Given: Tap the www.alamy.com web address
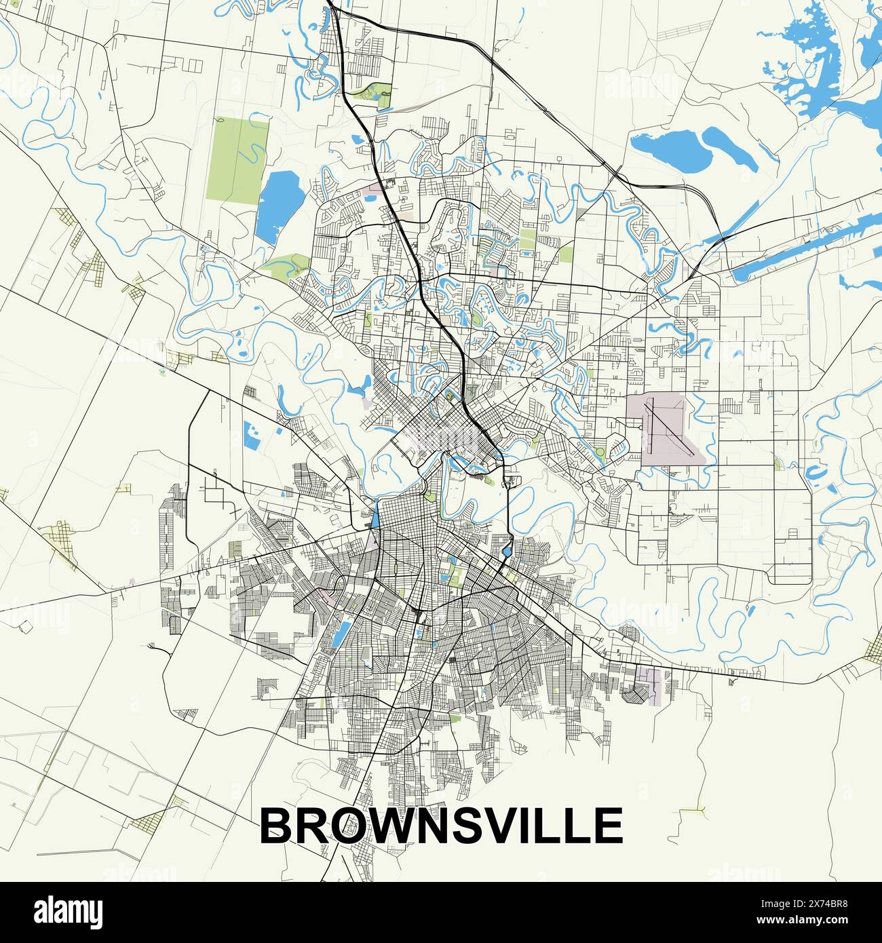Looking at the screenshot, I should point(814,923).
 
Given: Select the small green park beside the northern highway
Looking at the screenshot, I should point(378,94).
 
